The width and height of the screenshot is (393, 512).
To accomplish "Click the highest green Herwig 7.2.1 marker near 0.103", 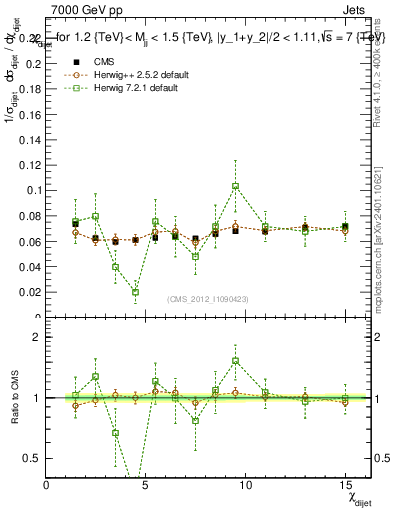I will click(x=235, y=186).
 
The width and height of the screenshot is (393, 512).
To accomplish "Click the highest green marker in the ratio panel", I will click(x=235, y=361).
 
